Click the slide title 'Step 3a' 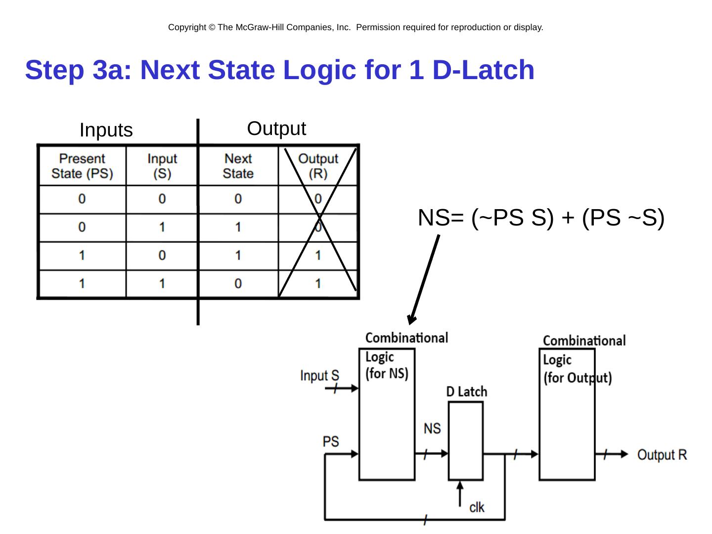click(279, 70)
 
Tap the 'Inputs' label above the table click(106, 131)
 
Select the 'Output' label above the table click(276, 129)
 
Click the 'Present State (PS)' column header click(82, 166)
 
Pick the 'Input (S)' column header click(162, 166)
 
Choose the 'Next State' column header click(238, 166)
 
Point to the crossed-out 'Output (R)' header click(318, 166)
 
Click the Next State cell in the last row click(238, 284)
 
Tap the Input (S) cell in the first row click(162, 199)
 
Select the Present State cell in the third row click(82, 256)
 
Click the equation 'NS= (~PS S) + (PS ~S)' click(540, 218)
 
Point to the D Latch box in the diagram click(466, 441)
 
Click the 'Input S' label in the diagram click(319, 376)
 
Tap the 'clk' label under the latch click(477, 507)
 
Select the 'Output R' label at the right click(662, 455)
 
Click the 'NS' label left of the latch click(432, 428)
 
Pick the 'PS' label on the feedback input click(331, 441)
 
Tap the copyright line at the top click(356, 28)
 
